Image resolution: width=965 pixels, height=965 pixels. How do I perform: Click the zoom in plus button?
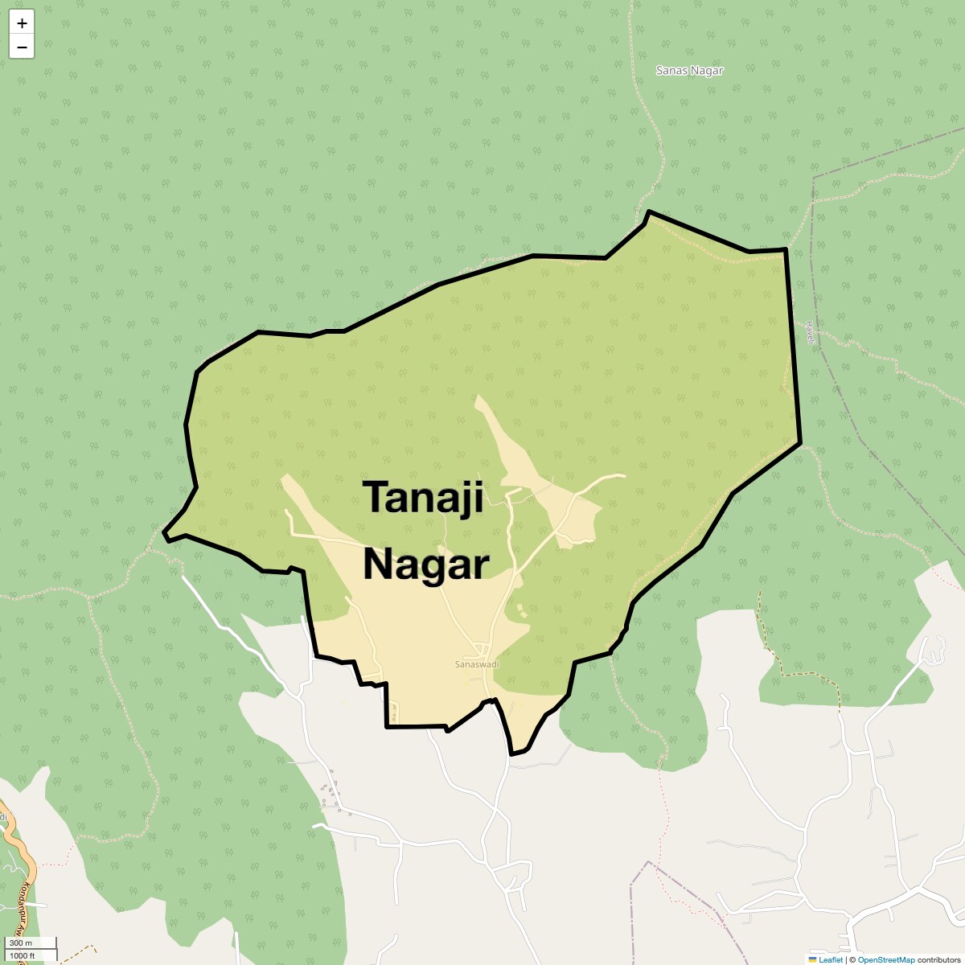point(22,23)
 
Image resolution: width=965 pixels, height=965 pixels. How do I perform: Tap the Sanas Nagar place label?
point(689,71)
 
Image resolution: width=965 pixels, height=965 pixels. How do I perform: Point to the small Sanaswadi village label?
point(477,664)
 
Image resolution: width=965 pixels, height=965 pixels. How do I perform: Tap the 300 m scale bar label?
point(22,943)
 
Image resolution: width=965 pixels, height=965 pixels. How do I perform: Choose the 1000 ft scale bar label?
point(23,955)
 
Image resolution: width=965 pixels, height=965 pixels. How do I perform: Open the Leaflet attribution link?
point(831,959)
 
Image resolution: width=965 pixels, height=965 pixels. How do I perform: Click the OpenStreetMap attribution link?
point(886,959)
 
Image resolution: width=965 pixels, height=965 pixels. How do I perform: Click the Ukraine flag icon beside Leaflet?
point(813,959)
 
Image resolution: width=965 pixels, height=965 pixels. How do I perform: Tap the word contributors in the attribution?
point(940,959)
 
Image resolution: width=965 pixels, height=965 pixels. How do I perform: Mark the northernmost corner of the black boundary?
point(648,211)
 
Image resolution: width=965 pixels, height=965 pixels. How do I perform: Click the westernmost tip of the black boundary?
point(164,532)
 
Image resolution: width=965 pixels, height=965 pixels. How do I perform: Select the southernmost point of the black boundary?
point(511,754)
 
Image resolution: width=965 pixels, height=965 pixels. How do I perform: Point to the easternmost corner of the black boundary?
point(800,441)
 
